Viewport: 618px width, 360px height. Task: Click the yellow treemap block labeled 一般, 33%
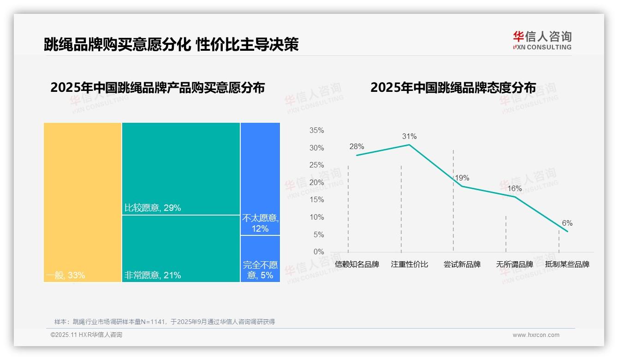pos(83,202)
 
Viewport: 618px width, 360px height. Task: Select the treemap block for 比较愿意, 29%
pos(181,168)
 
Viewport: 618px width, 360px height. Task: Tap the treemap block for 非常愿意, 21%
pos(181,248)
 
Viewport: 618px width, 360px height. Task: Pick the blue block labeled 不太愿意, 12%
pos(260,179)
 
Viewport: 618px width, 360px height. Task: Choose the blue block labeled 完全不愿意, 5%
pos(260,258)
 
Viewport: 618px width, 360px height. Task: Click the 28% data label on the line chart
pos(357,147)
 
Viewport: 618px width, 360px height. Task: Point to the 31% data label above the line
pos(409,136)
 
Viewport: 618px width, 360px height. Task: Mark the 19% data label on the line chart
pos(462,178)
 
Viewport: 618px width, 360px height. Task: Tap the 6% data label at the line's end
pos(567,223)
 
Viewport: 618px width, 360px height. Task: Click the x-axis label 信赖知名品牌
pos(357,264)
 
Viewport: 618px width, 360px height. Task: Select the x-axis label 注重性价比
pos(410,264)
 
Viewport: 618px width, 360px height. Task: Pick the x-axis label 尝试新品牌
pos(462,264)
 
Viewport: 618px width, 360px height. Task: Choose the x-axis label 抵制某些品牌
pos(567,264)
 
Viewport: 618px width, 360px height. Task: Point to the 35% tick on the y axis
pos(316,131)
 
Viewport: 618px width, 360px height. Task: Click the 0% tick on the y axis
pos(319,252)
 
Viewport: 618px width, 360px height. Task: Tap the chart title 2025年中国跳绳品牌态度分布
pos(453,88)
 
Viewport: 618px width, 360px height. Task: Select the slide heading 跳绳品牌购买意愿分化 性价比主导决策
pos(171,44)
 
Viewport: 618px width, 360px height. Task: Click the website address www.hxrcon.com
pos(536,335)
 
